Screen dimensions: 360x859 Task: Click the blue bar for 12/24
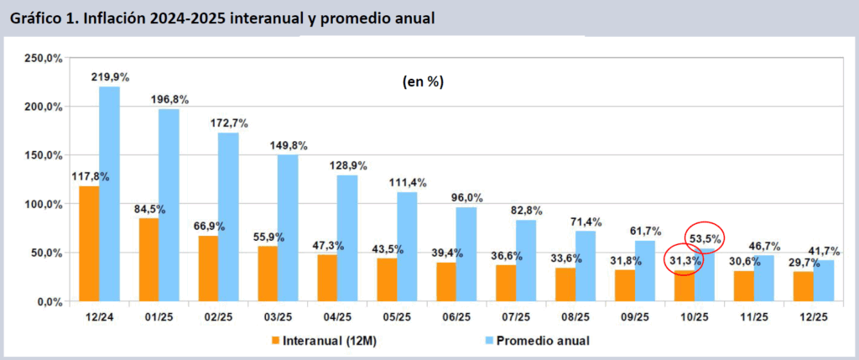(x=109, y=194)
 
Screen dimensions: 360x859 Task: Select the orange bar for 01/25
(x=148, y=259)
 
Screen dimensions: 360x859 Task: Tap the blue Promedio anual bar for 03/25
(x=288, y=227)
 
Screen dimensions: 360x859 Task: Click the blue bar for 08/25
(x=586, y=266)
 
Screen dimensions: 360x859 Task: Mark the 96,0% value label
(x=467, y=196)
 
